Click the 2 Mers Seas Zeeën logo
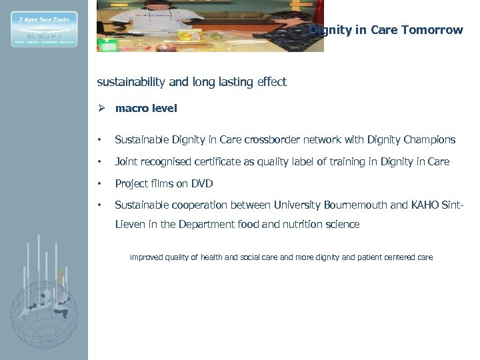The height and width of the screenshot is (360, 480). (x=43, y=29)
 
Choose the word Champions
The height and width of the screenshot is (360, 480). (x=429, y=140)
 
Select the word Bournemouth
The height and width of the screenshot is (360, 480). (x=357, y=205)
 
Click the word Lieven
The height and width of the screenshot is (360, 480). (x=131, y=225)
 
